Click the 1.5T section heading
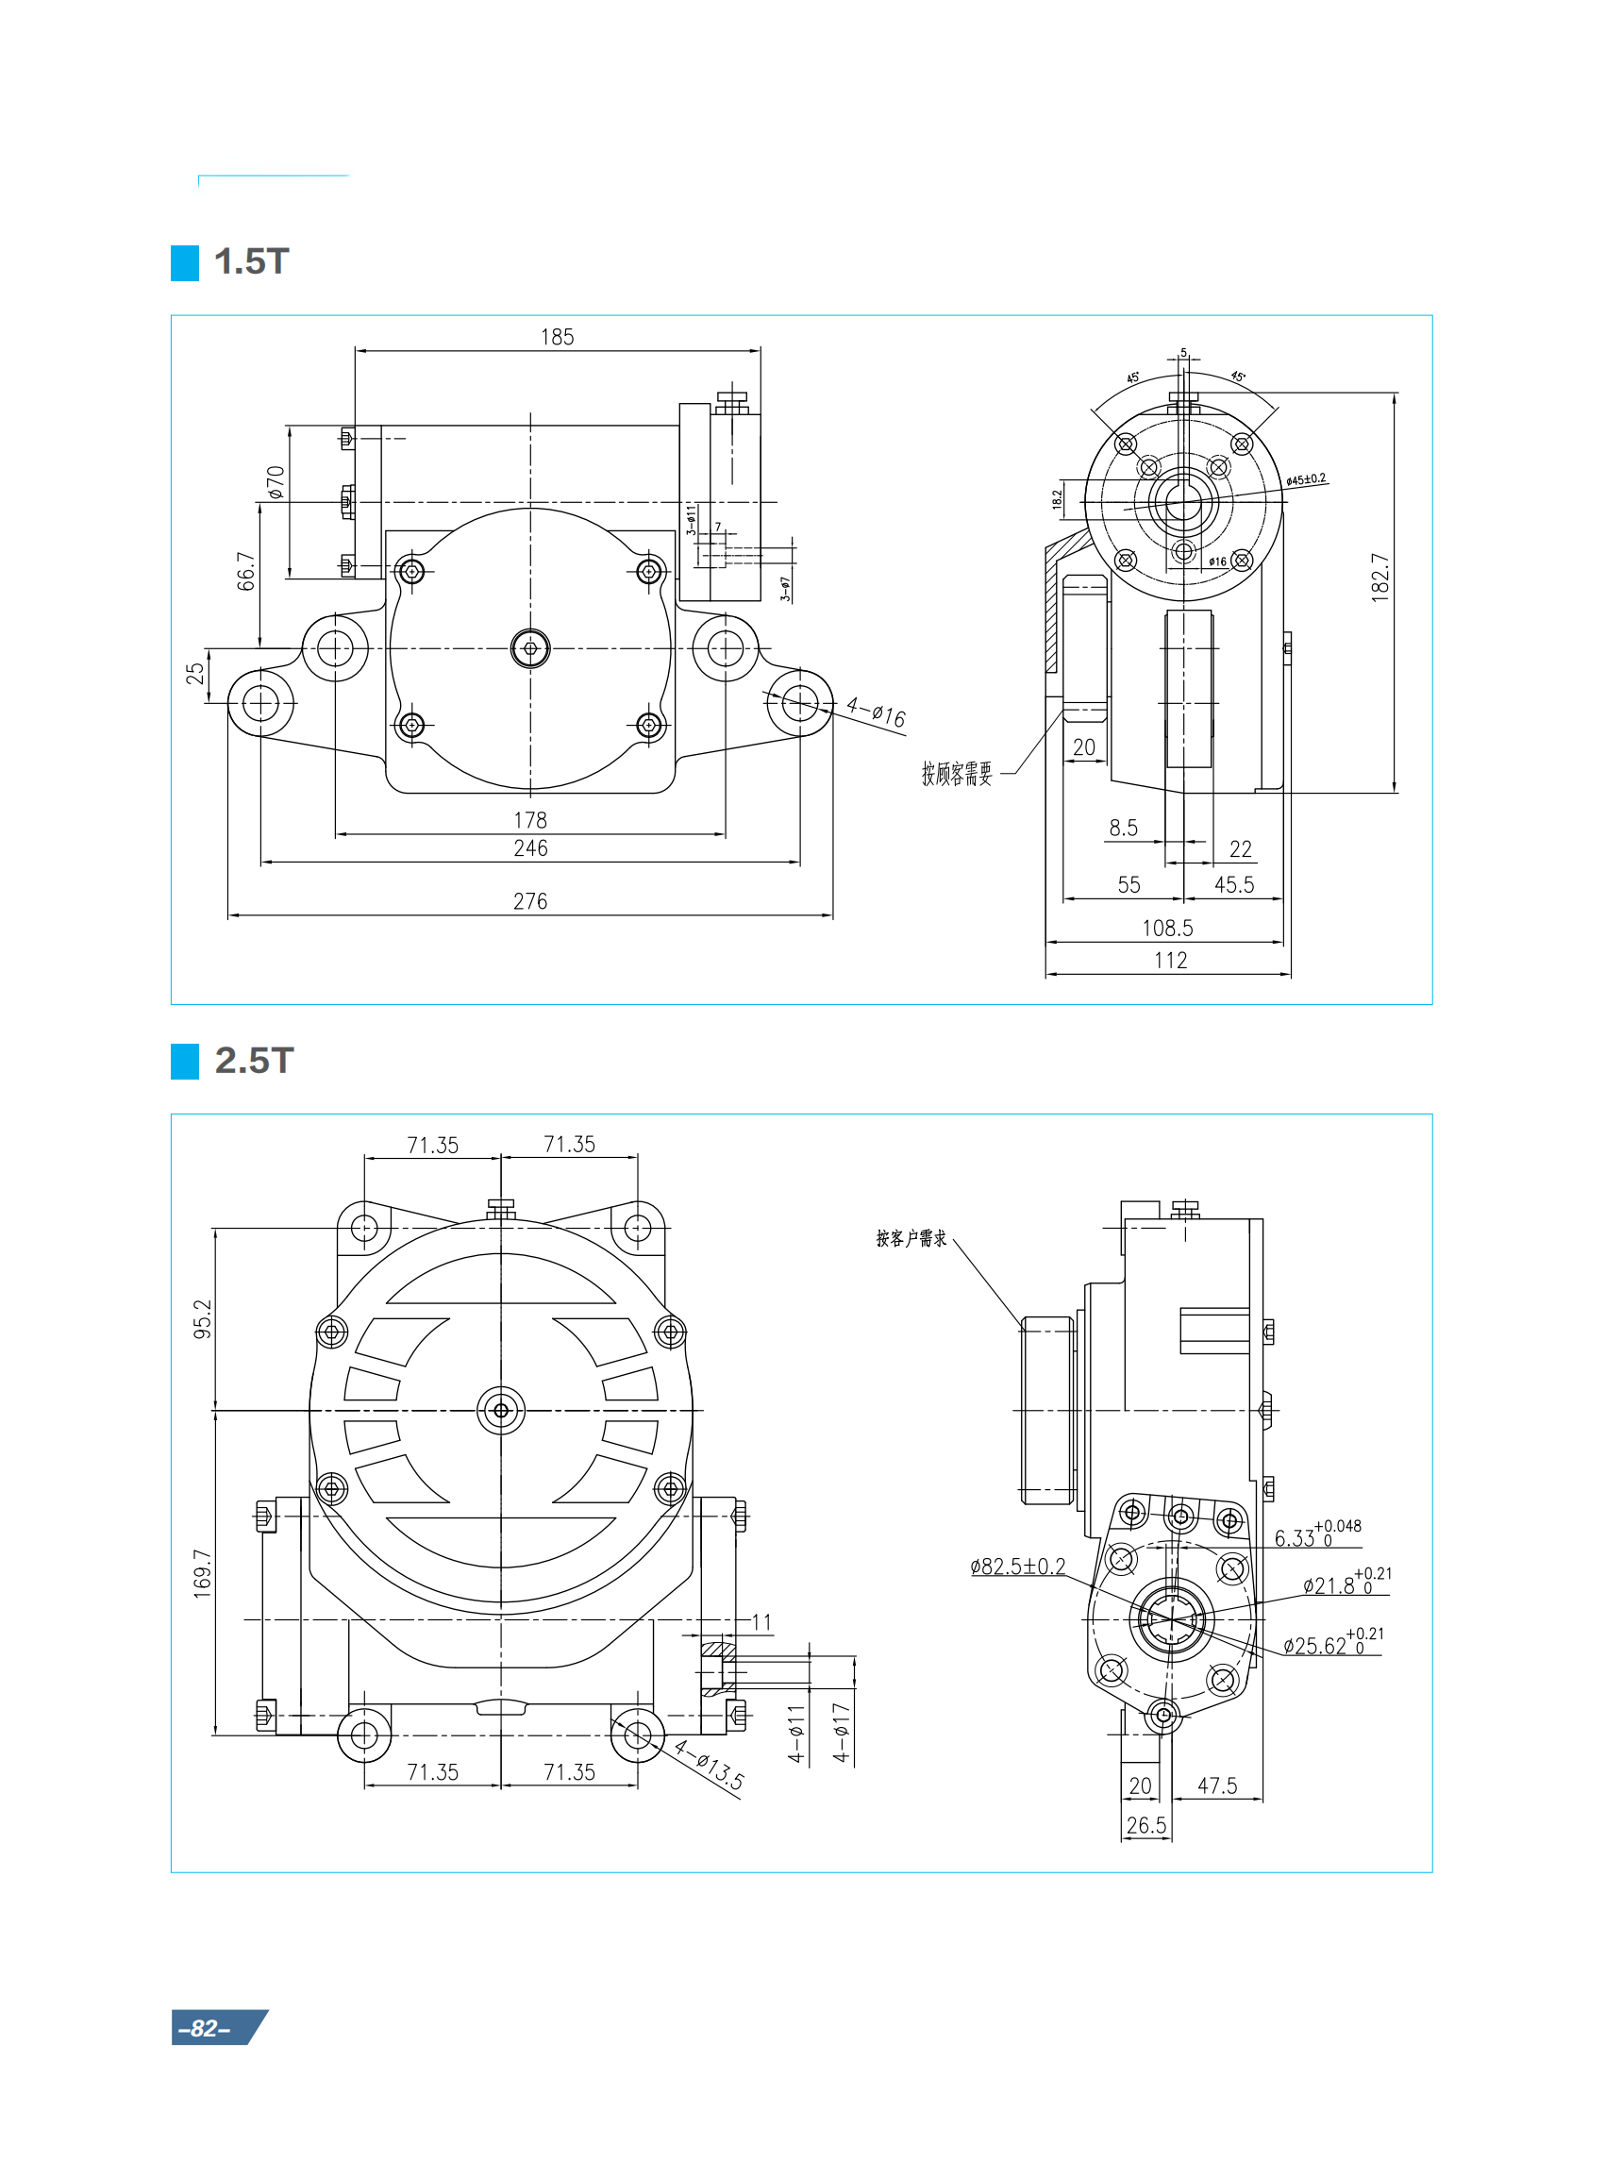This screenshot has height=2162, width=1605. (251, 262)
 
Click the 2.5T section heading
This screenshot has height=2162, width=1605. (254, 1060)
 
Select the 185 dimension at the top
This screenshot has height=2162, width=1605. (557, 337)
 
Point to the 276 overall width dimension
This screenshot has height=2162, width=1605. (529, 902)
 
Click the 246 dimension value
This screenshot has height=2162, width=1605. (529, 848)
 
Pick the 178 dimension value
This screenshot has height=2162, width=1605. (529, 820)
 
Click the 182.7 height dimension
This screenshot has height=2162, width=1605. (1379, 578)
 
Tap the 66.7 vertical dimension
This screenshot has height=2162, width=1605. (246, 571)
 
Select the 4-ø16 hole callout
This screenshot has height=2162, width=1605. (876, 712)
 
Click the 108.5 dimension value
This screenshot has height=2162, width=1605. (1167, 928)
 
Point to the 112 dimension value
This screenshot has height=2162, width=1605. (1170, 960)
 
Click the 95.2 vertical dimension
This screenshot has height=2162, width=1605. (202, 1318)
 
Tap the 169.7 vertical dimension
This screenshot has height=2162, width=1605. (202, 1574)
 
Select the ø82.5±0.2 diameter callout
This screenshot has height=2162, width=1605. (1017, 1567)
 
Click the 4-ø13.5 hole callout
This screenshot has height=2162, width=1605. (710, 1766)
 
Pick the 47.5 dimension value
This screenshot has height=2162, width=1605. (1216, 1786)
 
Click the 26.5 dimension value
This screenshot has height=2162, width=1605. (1145, 1826)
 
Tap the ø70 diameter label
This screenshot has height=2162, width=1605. (276, 483)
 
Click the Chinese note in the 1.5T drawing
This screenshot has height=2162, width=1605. (957, 774)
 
